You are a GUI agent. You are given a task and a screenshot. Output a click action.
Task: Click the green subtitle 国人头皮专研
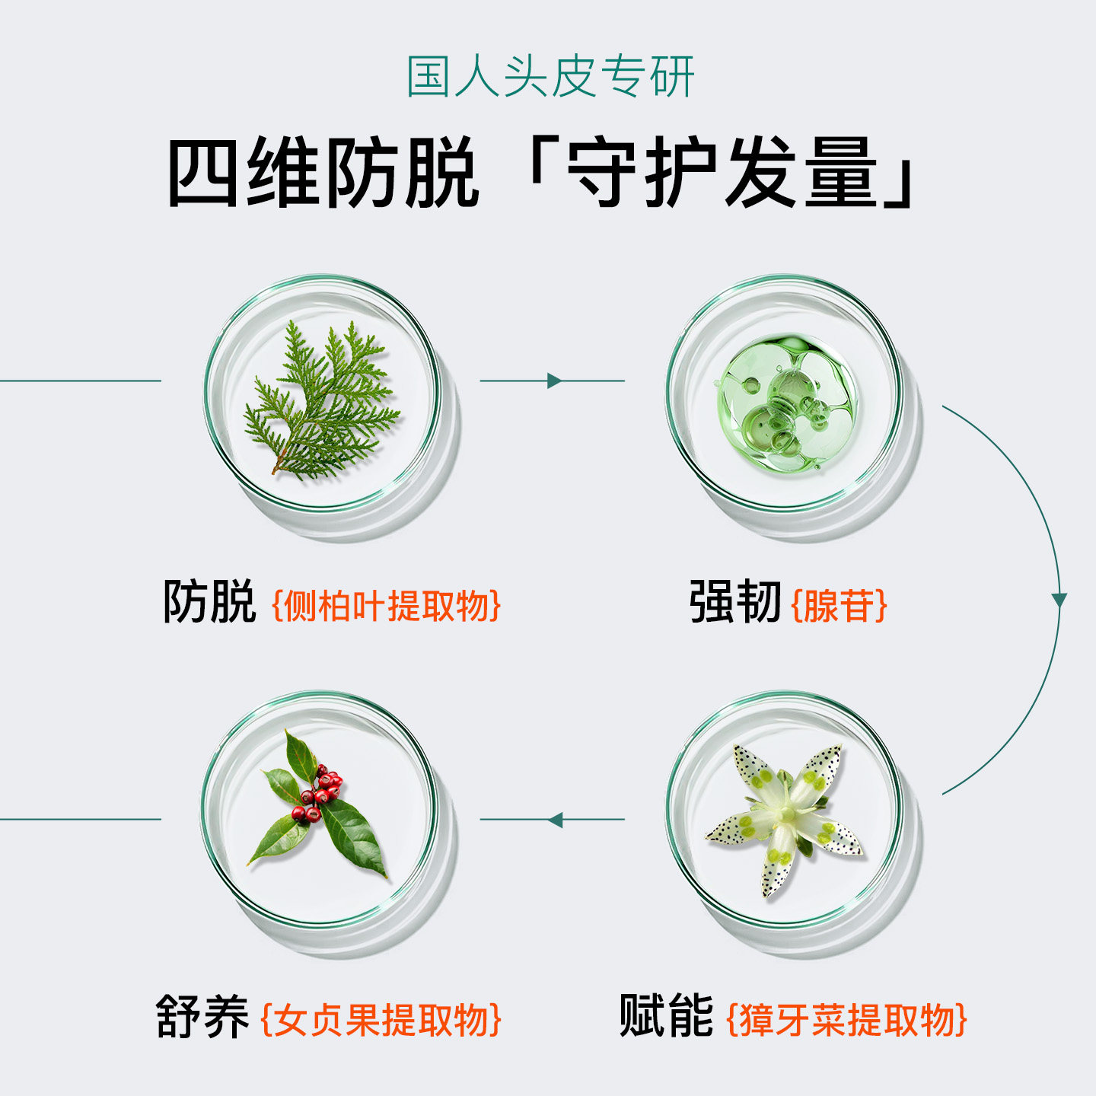coord(550,77)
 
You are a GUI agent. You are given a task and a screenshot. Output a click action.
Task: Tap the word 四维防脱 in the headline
coord(323,173)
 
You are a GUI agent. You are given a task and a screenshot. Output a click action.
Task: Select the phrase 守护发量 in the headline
coord(722,173)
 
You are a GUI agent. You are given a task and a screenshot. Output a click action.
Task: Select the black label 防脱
coord(209,602)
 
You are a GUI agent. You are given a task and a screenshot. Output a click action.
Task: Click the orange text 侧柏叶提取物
coord(387,606)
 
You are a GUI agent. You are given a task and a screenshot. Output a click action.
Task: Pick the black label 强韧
coord(734,602)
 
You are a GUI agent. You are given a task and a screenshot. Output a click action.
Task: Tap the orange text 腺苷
coord(840,606)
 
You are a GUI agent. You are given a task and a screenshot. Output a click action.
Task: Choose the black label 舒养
coord(202,1016)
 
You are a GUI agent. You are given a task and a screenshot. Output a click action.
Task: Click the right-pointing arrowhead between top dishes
coord(554,381)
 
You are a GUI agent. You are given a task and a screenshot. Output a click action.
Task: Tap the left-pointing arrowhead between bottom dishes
coord(555,820)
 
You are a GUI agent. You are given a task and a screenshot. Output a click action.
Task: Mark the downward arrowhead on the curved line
coord(1059,600)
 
